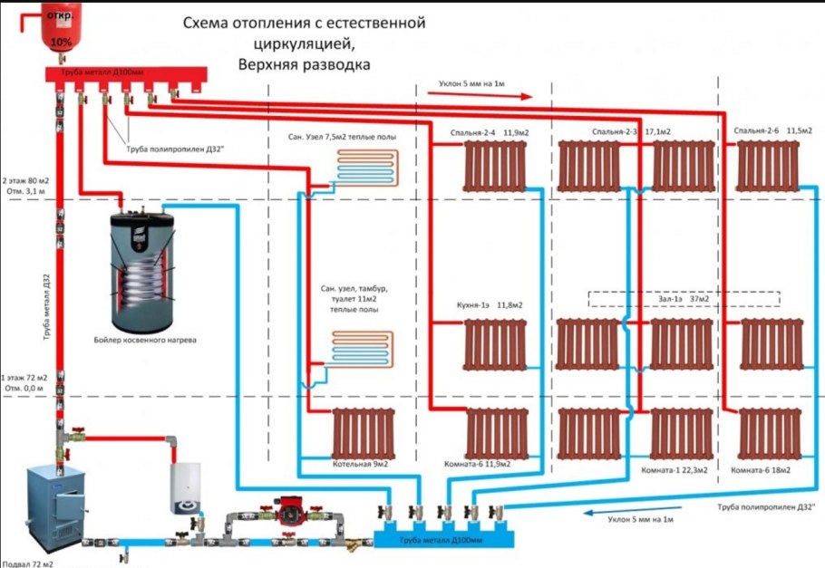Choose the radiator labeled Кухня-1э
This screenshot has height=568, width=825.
coord(494,346)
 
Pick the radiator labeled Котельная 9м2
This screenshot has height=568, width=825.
coord(362,434)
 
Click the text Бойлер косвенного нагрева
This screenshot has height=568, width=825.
coord(144,340)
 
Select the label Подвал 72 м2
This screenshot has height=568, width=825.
coord(27,563)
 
